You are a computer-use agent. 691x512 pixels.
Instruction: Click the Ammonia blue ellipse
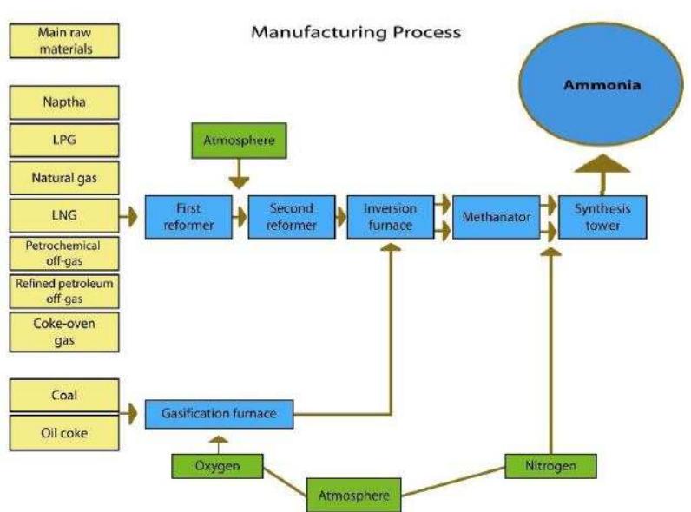pyautogui.click(x=602, y=87)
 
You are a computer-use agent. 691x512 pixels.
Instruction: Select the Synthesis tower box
pyautogui.click(x=602, y=217)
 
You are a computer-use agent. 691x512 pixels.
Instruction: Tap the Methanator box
pyautogui.click(x=496, y=217)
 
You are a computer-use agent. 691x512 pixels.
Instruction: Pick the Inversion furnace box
pyautogui.click(x=390, y=217)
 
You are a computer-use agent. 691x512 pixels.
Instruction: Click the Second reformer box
pyautogui.click(x=291, y=217)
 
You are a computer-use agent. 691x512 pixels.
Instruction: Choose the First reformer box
pyautogui.click(x=188, y=217)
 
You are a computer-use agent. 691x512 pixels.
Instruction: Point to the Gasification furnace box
pyautogui.click(x=219, y=413)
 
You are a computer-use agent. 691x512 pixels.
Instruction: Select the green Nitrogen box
pyautogui.click(x=552, y=466)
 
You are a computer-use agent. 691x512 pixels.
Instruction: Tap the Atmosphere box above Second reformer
pyautogui.click(x=238, y=139)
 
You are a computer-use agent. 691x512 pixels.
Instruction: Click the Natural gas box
pyautogui.click(x=64, y=178)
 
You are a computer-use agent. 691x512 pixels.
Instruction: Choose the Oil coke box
pyautogui.click(x=64, y=432)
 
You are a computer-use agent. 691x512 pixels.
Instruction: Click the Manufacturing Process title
pyautogui.click(x=356, y=33)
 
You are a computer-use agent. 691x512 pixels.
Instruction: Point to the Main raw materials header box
pyautogui.click(x=64, y=40)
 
